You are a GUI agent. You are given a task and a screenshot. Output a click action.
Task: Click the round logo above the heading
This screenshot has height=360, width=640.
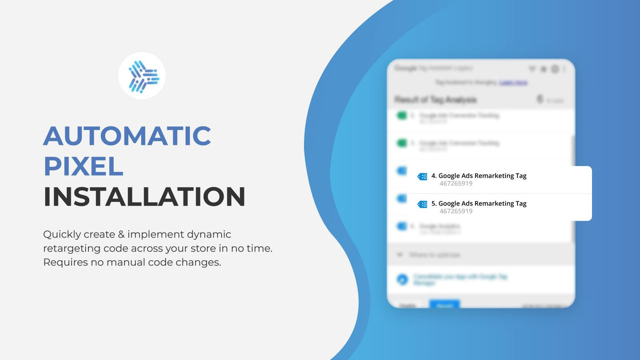pyautogui.click(x=142, y=76)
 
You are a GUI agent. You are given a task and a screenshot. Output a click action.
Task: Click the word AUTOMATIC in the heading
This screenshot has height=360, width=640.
pyautogui.click(x=127, y=136)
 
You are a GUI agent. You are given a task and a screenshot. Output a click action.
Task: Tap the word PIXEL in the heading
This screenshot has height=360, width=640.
pyautogui.click(x=83, y=166)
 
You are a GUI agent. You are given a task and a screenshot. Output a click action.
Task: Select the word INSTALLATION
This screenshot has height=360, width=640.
pyautogui.click(x=144, y=197)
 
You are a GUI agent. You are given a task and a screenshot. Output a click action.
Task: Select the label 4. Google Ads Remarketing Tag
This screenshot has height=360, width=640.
pyautogui.click(x=478, y=175)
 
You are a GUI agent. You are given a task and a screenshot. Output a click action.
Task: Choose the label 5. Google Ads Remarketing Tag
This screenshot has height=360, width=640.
pyautogui.click(x=478, y=203)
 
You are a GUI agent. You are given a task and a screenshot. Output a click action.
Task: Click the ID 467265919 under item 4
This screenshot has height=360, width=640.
pyautogui.click(x=456, y=183)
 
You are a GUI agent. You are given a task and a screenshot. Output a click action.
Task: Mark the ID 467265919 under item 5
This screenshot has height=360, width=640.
pyautogui.click(x=456, y=211)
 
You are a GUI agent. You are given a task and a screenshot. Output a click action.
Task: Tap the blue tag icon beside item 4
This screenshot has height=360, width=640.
pyautogui.click(x=422, y=176)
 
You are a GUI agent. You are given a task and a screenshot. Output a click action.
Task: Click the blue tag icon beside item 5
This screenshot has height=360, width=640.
pyautogui.click(x=422, y=204)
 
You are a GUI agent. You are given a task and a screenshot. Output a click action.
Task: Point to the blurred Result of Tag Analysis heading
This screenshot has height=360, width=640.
pyautogui.click(x=435, y=99)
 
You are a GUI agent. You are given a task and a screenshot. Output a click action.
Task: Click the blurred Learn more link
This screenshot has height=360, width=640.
pyautogui.click(x=513, y=82)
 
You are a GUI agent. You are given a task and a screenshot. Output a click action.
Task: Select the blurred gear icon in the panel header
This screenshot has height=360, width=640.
pyautogui.click(x=554, y=69)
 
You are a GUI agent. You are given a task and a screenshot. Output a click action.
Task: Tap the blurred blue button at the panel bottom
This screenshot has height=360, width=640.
pyautogui.click(x=444, y=304)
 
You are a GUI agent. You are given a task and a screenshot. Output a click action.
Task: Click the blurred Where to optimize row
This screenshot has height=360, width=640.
pyautogui.click(x=434, y=255)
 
